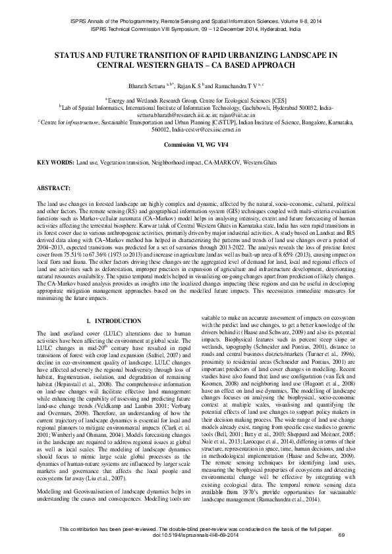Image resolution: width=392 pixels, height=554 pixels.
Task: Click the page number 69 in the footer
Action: (x=341, y=534)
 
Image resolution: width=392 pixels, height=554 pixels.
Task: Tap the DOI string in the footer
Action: (x=196, y=534)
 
